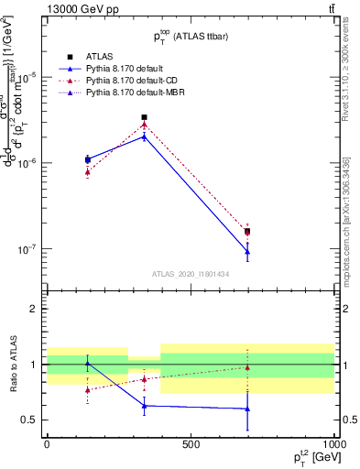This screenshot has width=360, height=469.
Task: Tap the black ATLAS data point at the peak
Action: click(x=144, y=117)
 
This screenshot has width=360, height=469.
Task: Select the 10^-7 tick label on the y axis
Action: click(x=29, y=248)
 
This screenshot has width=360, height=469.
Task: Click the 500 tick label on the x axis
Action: click(x=191, y=443)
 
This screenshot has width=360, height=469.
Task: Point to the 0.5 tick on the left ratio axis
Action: click(x=31, y=420)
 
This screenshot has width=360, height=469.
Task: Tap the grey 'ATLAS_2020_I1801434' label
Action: click(x=191, y=274)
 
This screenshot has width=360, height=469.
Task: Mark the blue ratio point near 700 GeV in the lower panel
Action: click(x=247, y=409)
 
